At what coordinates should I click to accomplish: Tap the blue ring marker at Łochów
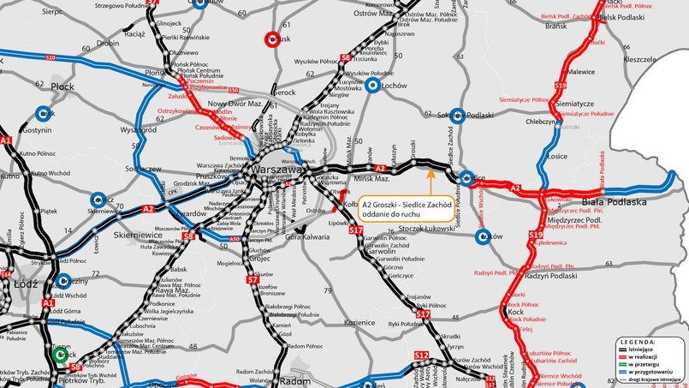[x=372, y=86]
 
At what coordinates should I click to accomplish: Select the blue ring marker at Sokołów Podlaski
[x=458, y=114]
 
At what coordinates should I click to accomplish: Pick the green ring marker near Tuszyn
[x=59, y=353]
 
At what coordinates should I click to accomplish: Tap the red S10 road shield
[x=50, y=57]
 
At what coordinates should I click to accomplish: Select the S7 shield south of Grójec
[x=252, y=279]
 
